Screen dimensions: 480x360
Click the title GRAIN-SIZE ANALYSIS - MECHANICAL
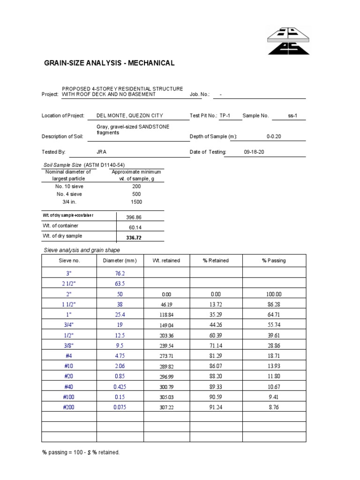point(109,63)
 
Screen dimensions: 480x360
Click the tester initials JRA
point(101,152)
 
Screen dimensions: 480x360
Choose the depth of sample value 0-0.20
point(274,136)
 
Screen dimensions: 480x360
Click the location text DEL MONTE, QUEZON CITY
point(130,116)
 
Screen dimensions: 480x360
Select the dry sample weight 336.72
point(134,238)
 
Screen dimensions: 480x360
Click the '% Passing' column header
point(274,261)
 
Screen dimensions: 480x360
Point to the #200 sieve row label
point(69,408)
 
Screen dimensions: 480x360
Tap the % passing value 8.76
point(274,408)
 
